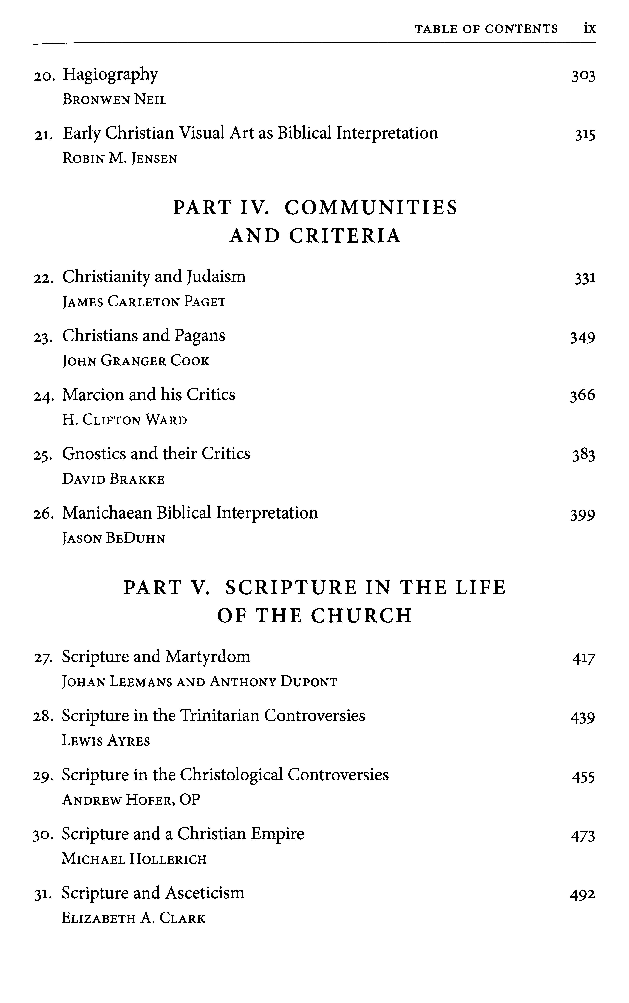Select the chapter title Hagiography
(110, 75)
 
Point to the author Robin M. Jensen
(120, 159)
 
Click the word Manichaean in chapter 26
(107, 513)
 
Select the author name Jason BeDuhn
(114, 539)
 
